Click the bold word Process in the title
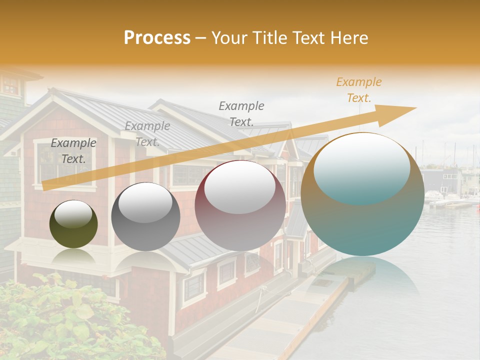(x=157, y=38)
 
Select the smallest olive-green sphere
(x=73, y=224)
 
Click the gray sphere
(x=145, y=216)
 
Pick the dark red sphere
(x=240, y=206)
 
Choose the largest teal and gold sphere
(x=362, y=194)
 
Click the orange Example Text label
(x=358, y=90)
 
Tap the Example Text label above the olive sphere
(x=73, y=150)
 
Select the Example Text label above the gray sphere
(x=147, y=134)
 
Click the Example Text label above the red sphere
(x=241, y=113)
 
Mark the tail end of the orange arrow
(x=45, y=186)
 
